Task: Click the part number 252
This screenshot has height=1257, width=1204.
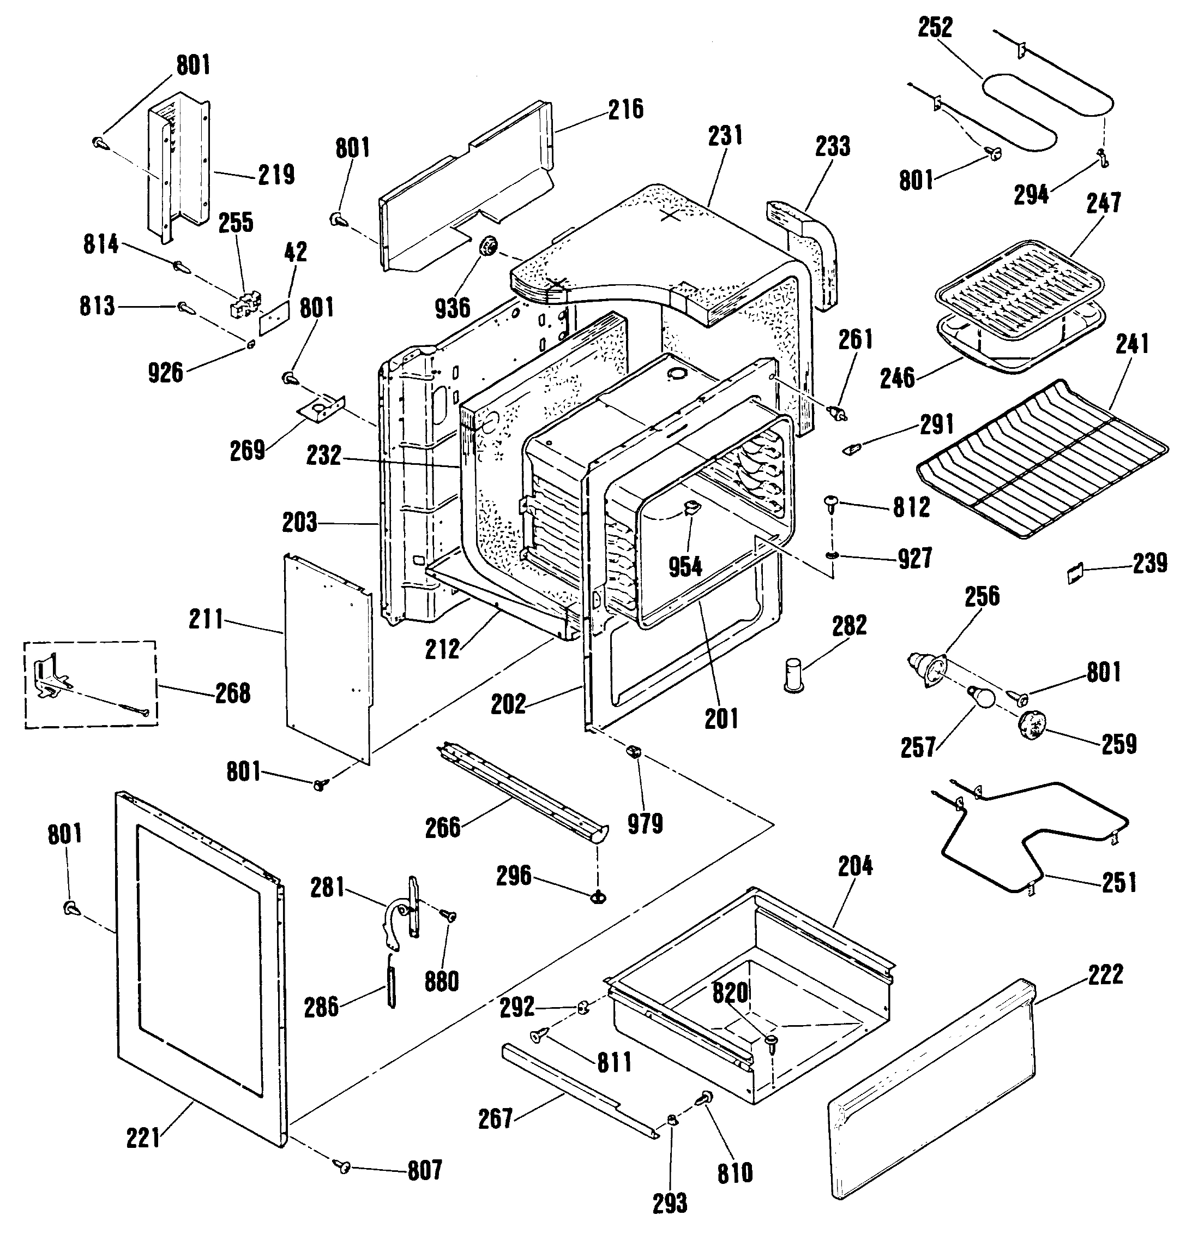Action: tap(935, 28)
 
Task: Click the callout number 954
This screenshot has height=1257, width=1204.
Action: tap(685, 566)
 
